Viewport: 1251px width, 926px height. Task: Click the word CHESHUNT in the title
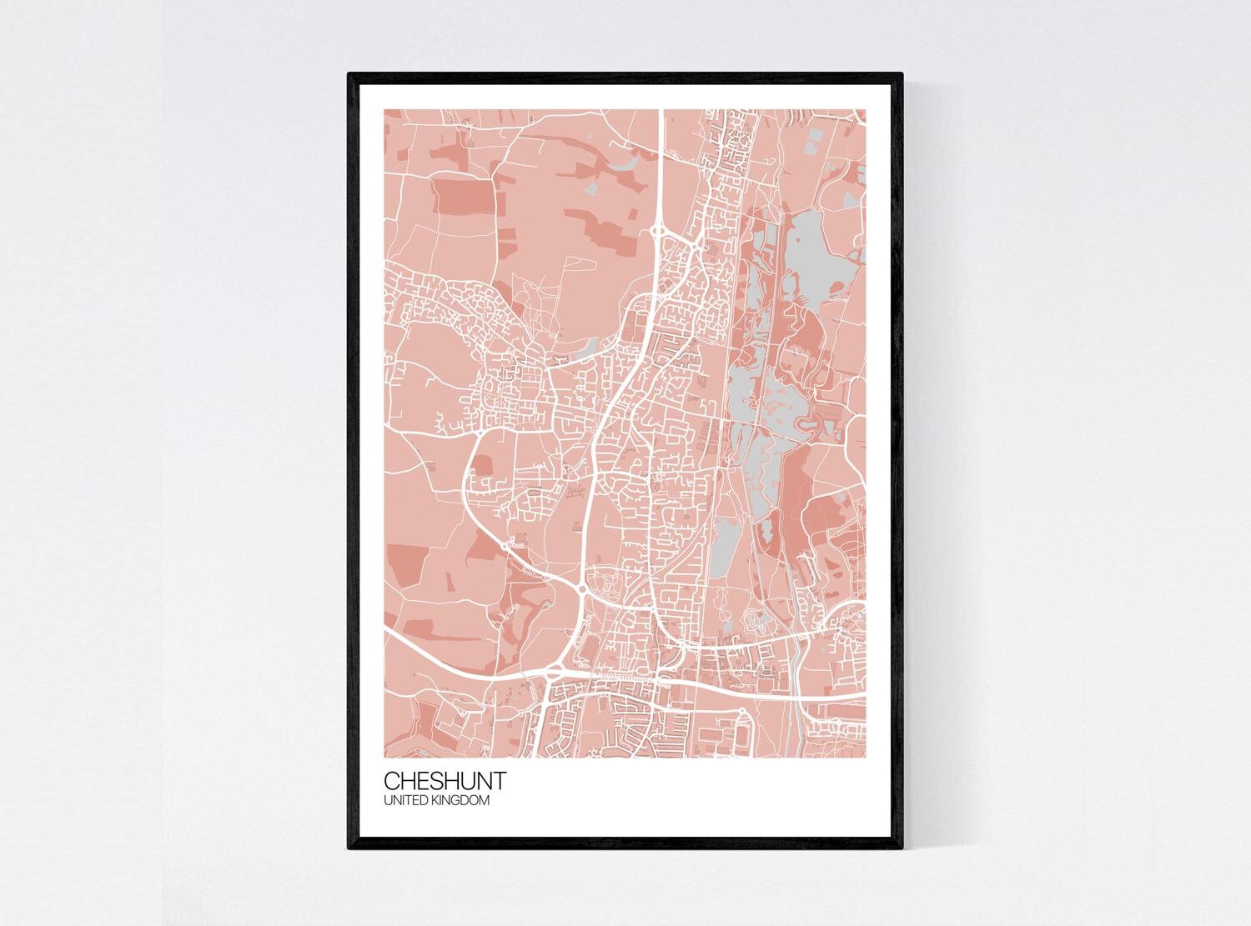coord(444,782)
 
